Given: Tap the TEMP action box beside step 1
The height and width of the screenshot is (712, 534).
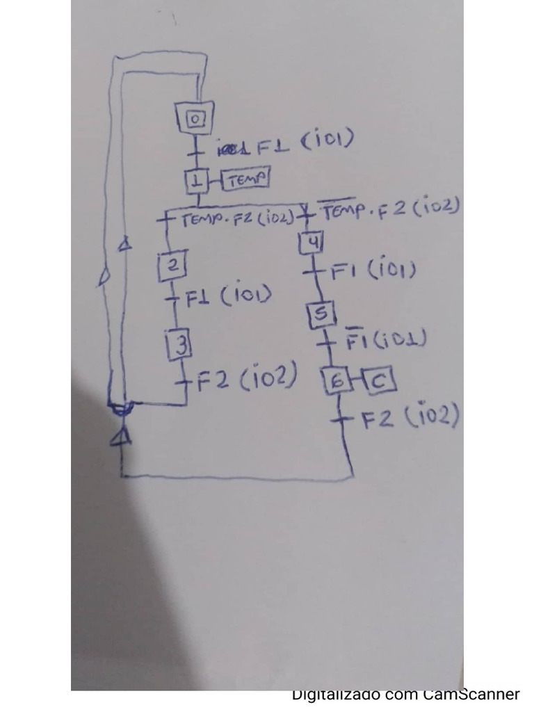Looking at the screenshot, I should [245, 179].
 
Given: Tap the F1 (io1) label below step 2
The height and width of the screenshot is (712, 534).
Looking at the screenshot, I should [227, 296].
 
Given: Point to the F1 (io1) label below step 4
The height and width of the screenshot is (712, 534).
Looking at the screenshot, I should [373, 270].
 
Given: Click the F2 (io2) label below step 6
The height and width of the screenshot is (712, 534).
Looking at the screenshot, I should [411, 417].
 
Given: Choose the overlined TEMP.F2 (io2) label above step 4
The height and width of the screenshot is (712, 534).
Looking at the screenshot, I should [388, 209].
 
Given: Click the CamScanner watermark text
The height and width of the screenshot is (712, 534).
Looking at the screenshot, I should [405, 694].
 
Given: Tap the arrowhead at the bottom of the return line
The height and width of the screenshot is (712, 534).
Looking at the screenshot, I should [122, 437].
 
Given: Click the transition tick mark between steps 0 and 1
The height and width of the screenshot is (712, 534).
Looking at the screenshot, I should [197, 148].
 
